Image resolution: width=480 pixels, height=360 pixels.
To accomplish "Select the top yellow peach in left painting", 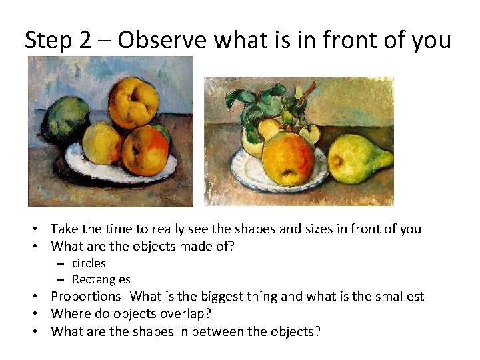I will click(133, 102).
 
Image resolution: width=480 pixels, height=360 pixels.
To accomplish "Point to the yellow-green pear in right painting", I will click(361, 160).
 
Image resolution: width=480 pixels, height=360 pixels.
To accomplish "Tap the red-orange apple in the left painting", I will click(146, 149).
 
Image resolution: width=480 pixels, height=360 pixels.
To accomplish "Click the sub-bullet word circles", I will click(89, 263).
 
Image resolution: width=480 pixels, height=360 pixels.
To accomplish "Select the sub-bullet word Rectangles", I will click(101, 279).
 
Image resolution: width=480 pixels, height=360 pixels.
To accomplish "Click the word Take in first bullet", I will click(63, 229).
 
